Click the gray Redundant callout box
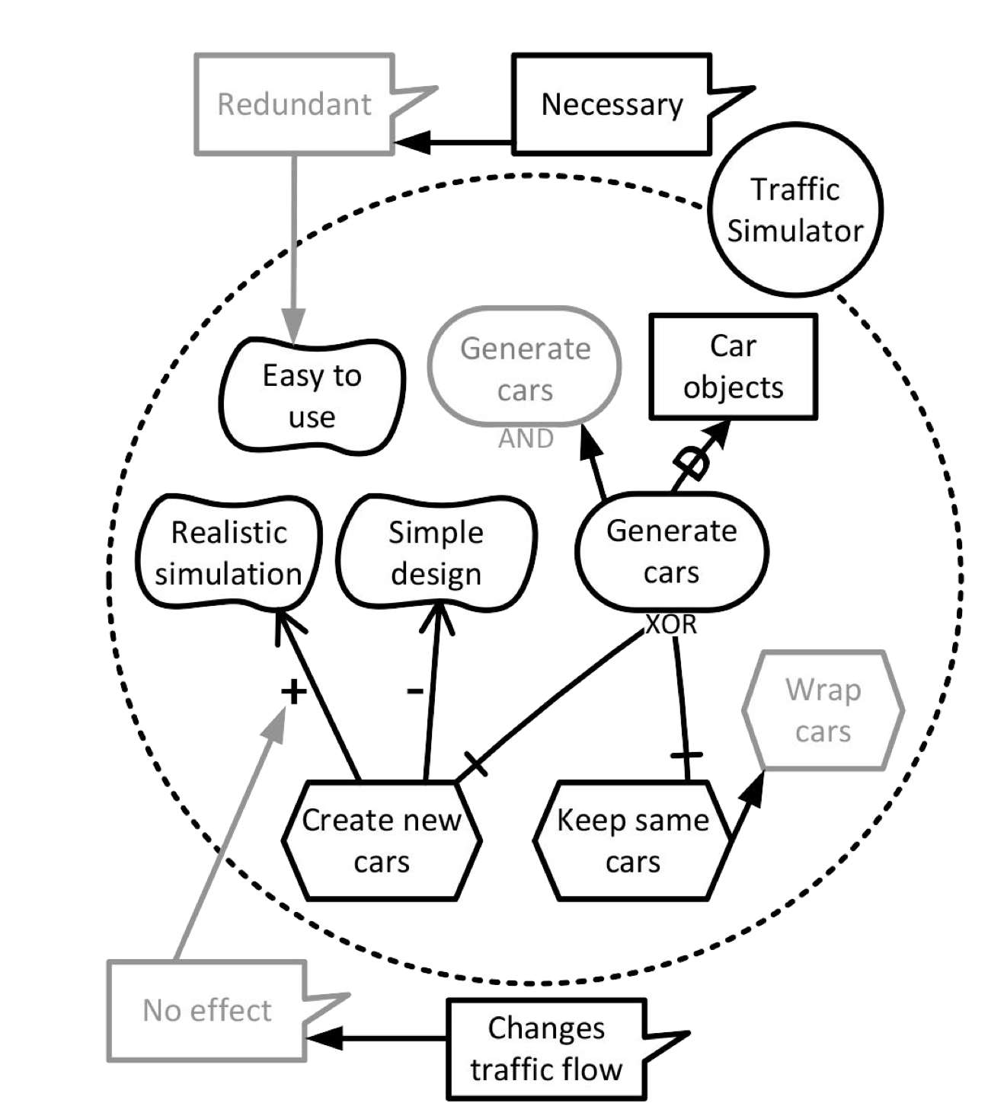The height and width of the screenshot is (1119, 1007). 294,104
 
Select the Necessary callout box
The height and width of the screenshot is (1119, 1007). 612,104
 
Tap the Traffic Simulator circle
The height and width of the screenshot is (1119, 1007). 794,209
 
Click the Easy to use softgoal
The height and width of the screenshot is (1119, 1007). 312,396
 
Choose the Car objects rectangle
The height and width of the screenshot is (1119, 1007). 733,366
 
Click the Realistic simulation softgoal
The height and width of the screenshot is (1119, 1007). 229,553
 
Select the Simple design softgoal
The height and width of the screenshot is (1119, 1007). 436,553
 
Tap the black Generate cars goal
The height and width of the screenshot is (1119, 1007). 671,551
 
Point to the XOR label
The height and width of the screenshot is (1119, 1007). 671,625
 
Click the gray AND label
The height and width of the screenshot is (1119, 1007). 526,439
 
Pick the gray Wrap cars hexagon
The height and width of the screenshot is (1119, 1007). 823,710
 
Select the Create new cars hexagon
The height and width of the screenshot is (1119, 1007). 382,840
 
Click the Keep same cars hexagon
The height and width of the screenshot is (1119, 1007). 632,840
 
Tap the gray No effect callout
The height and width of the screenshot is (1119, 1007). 206,1010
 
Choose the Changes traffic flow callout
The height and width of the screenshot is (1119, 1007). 546,1049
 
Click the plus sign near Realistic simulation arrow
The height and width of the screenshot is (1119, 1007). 294,691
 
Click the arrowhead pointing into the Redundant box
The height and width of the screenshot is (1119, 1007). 411,142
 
